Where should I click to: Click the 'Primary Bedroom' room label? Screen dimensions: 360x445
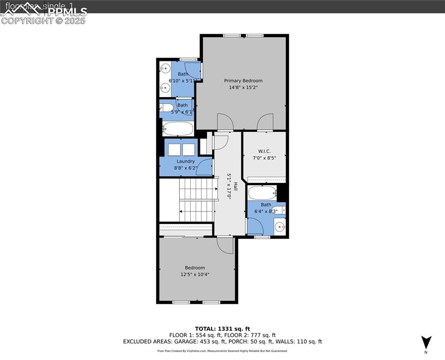pos(243,81)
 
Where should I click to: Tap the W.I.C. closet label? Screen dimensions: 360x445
pos(264,151)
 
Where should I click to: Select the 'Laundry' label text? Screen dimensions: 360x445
pos(185,161)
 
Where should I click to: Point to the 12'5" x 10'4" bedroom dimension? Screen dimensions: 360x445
pos(194,274)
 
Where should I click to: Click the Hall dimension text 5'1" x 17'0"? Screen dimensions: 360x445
pos(230,186)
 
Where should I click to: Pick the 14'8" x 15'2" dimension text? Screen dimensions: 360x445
pos(243,87)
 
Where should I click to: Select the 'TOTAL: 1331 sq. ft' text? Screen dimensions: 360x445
pos(222,329)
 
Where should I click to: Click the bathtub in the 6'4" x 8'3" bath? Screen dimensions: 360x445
pos(261,193)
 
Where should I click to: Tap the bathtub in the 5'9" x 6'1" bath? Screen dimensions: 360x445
pos(178,128)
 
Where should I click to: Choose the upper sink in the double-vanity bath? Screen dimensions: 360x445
pos(164,69)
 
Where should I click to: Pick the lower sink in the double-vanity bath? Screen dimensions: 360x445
pos(164,88)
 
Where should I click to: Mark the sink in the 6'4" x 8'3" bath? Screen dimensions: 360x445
pos(280,227)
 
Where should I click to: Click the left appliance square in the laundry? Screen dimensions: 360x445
pos(174,150)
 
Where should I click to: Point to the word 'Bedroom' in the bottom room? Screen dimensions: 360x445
pos(194,268)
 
